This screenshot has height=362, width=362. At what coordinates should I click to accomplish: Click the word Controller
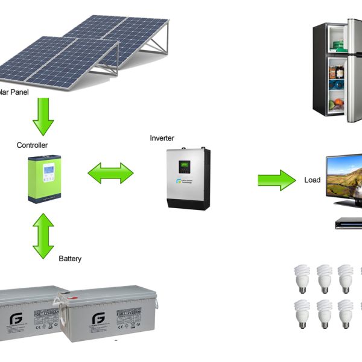click(33, 145)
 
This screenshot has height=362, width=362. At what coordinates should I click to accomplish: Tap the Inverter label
click(162, 138)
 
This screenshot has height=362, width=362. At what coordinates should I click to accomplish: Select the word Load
click(313, 180)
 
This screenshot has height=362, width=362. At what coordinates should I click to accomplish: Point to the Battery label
click(70, 258)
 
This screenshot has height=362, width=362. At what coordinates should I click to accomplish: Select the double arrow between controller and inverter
click(110, 173)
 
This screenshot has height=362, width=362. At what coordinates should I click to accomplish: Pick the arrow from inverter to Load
click(277, 180)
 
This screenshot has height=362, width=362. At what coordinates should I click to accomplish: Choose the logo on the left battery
click(14, 318)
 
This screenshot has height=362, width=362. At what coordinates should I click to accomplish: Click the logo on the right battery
click(98, 319)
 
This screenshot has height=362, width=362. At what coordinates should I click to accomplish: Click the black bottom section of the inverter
click(188, 203)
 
